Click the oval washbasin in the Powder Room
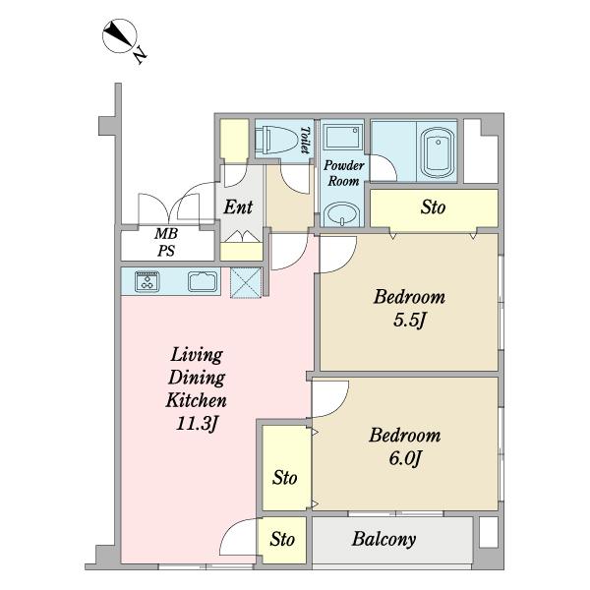point(342,214)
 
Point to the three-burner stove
point(147,281)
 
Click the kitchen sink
point(203,281)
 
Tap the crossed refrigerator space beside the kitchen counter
point(245,282)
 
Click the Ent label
point(238,206)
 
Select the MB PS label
point(166,242)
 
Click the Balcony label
point(383,539)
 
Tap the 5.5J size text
point(409,321)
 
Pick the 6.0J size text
point(404,458)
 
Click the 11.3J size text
point(197,424)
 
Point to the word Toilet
point(305,140)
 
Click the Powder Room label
point(343,173)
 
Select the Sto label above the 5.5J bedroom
point(433,206)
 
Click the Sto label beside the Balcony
point(282,539)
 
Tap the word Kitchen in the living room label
point(196,400)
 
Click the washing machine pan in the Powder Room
point(342,137)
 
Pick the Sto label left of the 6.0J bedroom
point(285,478)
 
